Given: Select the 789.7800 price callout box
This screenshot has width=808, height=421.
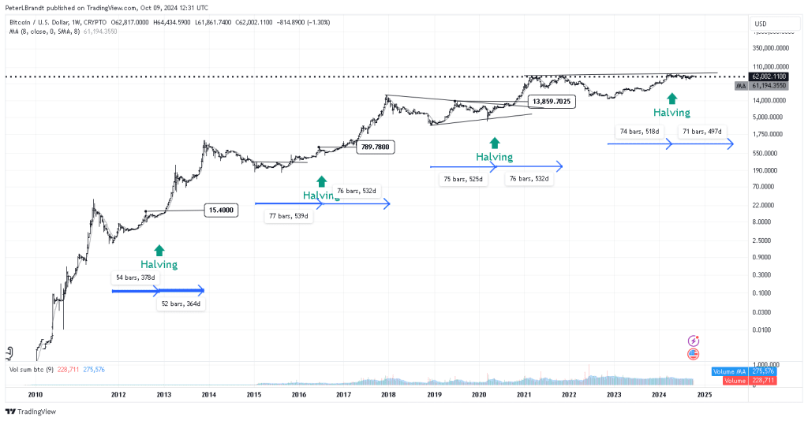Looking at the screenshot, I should click(375, 147).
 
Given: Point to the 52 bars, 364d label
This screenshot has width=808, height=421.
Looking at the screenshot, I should click(181, 304).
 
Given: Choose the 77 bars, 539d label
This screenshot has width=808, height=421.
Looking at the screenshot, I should click(290, 216).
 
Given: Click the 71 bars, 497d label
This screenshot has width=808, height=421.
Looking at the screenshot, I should click(701, 131).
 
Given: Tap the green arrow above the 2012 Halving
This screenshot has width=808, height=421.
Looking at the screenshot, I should click(159, 250).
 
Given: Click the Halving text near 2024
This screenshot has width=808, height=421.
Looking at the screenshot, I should click(671, 113).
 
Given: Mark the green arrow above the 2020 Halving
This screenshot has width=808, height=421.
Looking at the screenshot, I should click(495, 143).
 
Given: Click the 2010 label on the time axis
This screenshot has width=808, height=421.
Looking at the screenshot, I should click(34, 394).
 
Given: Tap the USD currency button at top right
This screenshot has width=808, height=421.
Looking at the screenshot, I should click(761, 24).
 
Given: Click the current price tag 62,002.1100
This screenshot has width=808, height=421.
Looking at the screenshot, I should click(769, 76).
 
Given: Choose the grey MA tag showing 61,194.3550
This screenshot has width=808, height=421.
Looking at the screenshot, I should click(769, 85).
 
